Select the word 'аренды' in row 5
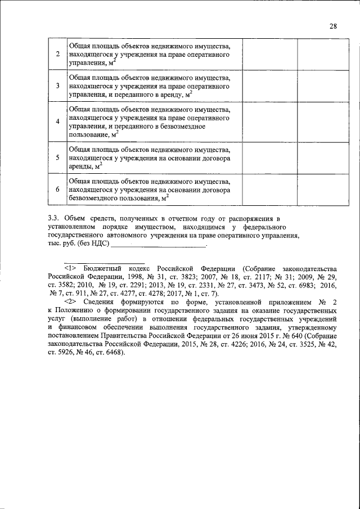pos(80,167)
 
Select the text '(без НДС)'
pos(94,245)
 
